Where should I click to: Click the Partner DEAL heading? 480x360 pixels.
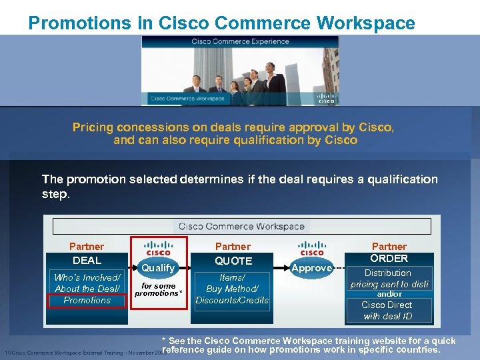pyautogui.click(x=87, y=253)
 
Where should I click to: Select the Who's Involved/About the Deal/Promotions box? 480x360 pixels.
pyautogui.click(x=87, y=289)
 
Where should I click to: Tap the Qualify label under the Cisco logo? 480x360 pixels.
pyautogui.click(x=159, y=267)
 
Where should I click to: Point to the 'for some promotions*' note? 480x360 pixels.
pyautogui.click(x=159, y=289)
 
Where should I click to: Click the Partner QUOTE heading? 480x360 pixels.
pyautogui.click(x=233, y=253)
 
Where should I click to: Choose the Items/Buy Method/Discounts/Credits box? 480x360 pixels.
pyautogui.click(x=232, y=289)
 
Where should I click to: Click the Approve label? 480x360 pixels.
pyautogui.click(x=312, y=268)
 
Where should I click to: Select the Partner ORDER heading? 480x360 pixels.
pyautogui.click(x=389, y=252)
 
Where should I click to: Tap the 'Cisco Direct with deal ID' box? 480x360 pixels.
pyautogui.click(x=387, y=310)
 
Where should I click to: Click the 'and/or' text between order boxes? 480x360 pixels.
pyautogui.click(x=389, y=293)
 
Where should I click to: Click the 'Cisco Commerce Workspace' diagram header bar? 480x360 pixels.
pyautogui.click(x=241, y=226)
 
